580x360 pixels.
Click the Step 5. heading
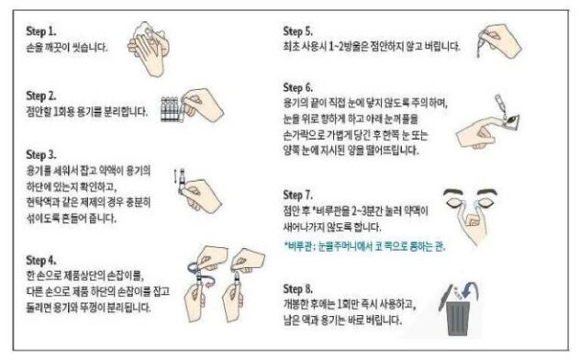tap(301, 29)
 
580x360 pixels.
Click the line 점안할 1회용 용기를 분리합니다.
tap(88, 111)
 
